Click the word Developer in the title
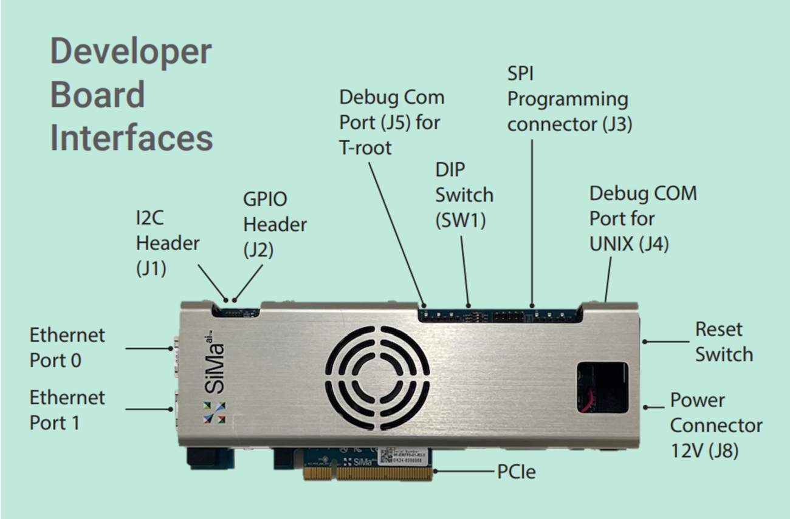click(131, 51)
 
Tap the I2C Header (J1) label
click(167, 243)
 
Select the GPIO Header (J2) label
click(275, 224)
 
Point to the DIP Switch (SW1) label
click(464, 195)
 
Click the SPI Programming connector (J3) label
click(569, 99)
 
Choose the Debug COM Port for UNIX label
click(643, 219)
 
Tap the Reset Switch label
click(723, 342)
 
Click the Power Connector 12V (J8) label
click(715, 426)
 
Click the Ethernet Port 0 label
click(67, 348)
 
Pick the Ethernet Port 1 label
click(67, 410)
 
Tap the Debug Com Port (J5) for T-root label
click(391, 122)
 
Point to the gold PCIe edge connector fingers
click(368, 473)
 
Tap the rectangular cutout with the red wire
click(602, 387)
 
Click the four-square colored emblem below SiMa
click(214, 412)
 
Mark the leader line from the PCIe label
click(465, 471)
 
